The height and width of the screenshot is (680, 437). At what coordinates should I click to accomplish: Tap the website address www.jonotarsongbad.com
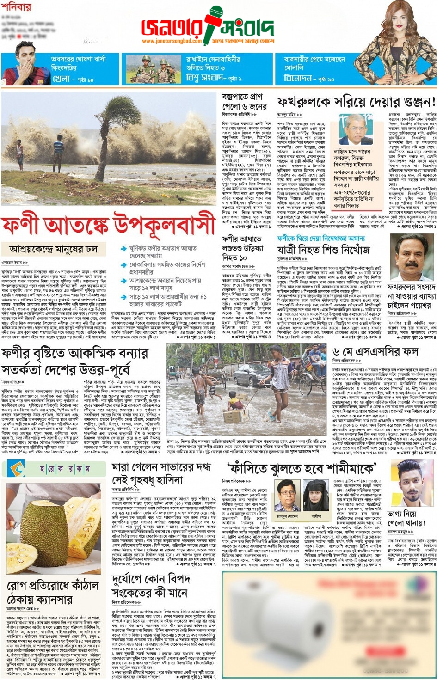tap(172, 41)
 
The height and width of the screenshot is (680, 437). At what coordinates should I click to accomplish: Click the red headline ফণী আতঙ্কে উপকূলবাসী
tap(108, 226)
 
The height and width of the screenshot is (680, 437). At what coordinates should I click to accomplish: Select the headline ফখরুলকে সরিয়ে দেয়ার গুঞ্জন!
tap(356, 102)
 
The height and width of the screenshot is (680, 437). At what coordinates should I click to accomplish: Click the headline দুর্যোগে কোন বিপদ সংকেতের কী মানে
tap(151, 585)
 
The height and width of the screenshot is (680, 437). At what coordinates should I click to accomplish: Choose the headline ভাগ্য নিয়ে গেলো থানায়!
tap(406, 518)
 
